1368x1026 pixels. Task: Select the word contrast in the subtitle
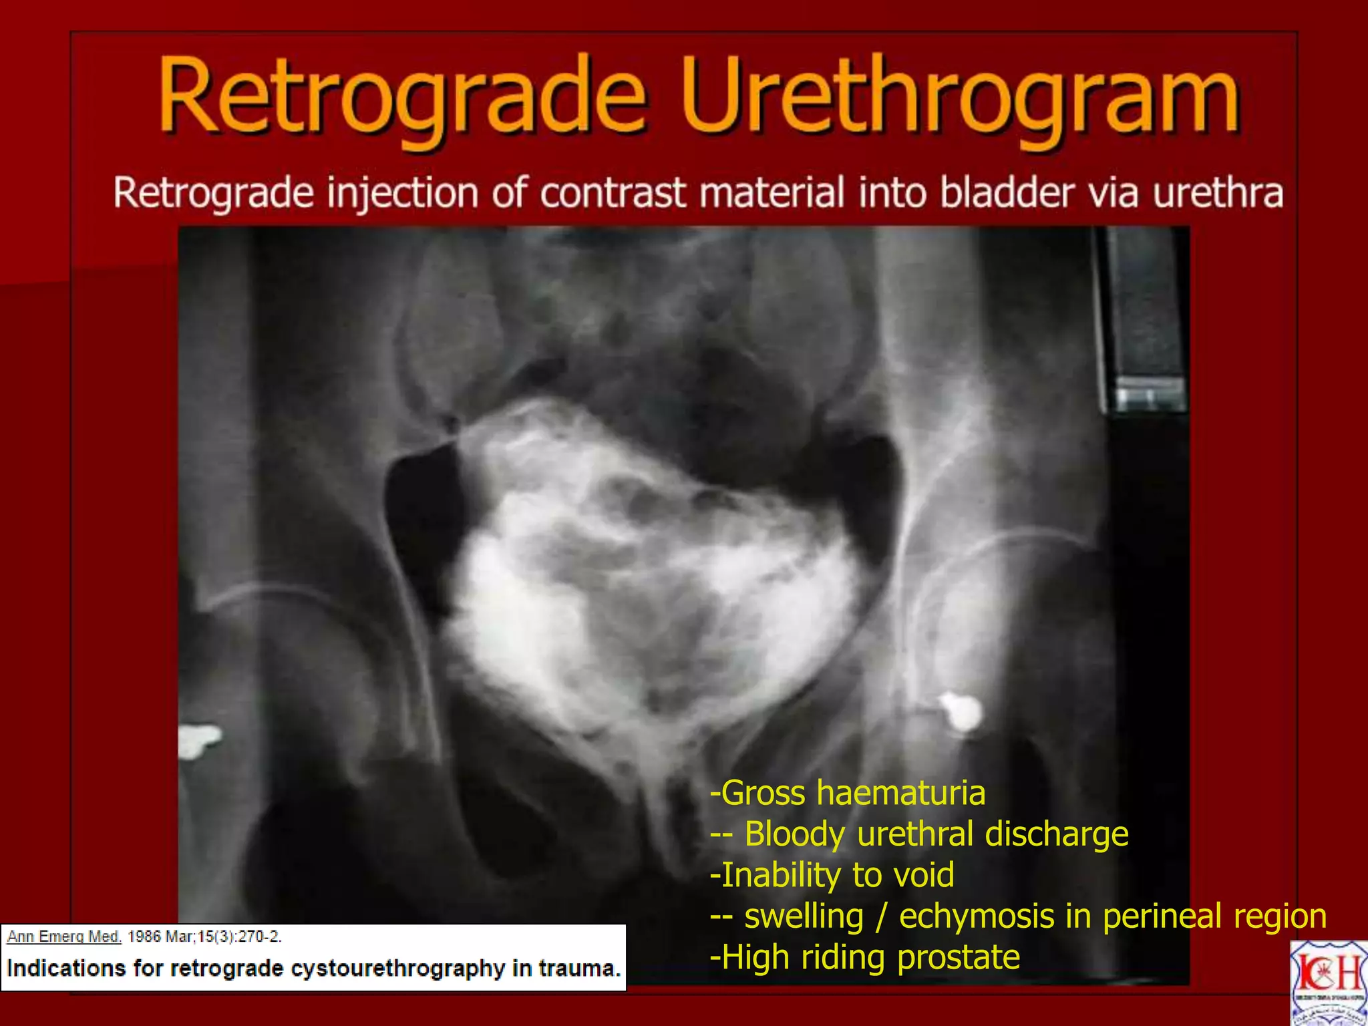pos(613,193)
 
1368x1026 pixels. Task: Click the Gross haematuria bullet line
pos(848,794)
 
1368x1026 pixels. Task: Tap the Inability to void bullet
pos(832,875)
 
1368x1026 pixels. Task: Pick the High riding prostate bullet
pos(865,957)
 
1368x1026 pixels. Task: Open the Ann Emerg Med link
pos(64,936)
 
